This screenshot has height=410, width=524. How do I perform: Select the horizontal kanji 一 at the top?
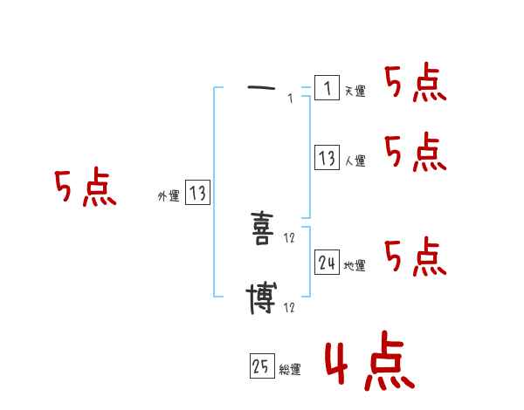(261, 88)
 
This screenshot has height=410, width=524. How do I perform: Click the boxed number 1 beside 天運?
(327, 88)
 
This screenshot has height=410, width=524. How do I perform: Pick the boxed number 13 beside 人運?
(327, 158)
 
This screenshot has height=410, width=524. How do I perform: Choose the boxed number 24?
(327, 263)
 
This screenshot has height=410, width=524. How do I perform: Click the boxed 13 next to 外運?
(197, 193)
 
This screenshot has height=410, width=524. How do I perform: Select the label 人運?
(355, 161)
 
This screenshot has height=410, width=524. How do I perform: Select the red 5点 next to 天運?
(415, 85)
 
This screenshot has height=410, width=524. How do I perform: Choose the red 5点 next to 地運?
(415, 257)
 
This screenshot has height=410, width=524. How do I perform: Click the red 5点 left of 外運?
(86, 188)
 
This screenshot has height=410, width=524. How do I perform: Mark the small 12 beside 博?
(290, 308)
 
